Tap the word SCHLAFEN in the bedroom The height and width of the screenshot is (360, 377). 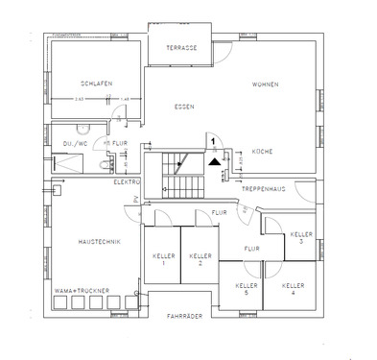coord(98,84)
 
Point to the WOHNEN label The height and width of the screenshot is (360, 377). coord(266,84)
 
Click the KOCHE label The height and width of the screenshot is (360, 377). coord(263,151)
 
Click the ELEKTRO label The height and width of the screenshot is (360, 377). coord(128,180)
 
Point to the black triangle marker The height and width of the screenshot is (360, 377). coord(213,161)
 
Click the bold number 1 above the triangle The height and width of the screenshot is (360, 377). coord(212,140)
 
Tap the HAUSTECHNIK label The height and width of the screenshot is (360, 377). coord(99,242)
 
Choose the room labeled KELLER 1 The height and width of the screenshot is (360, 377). coord(162,258)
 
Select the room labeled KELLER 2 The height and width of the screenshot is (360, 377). coord(200,258)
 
